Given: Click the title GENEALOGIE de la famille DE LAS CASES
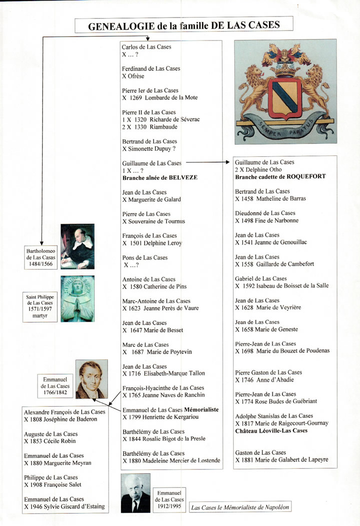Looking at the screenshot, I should pos(184,25).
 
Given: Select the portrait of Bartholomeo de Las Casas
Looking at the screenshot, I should pos(77,245).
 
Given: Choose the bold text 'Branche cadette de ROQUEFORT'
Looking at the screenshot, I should pos(280,176).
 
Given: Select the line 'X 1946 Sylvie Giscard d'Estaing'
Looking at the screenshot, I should pos(65,506).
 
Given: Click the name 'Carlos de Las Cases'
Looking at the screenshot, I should pos(146,47).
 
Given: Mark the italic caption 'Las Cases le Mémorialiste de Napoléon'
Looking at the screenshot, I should pos(240,507).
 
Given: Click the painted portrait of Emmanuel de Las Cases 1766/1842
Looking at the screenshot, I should pos(91,379).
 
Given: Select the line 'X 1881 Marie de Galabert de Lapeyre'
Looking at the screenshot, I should pos(282,460).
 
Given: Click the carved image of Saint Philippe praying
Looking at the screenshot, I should pos(77,299).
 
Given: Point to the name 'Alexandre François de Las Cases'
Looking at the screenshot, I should pos(65,412).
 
